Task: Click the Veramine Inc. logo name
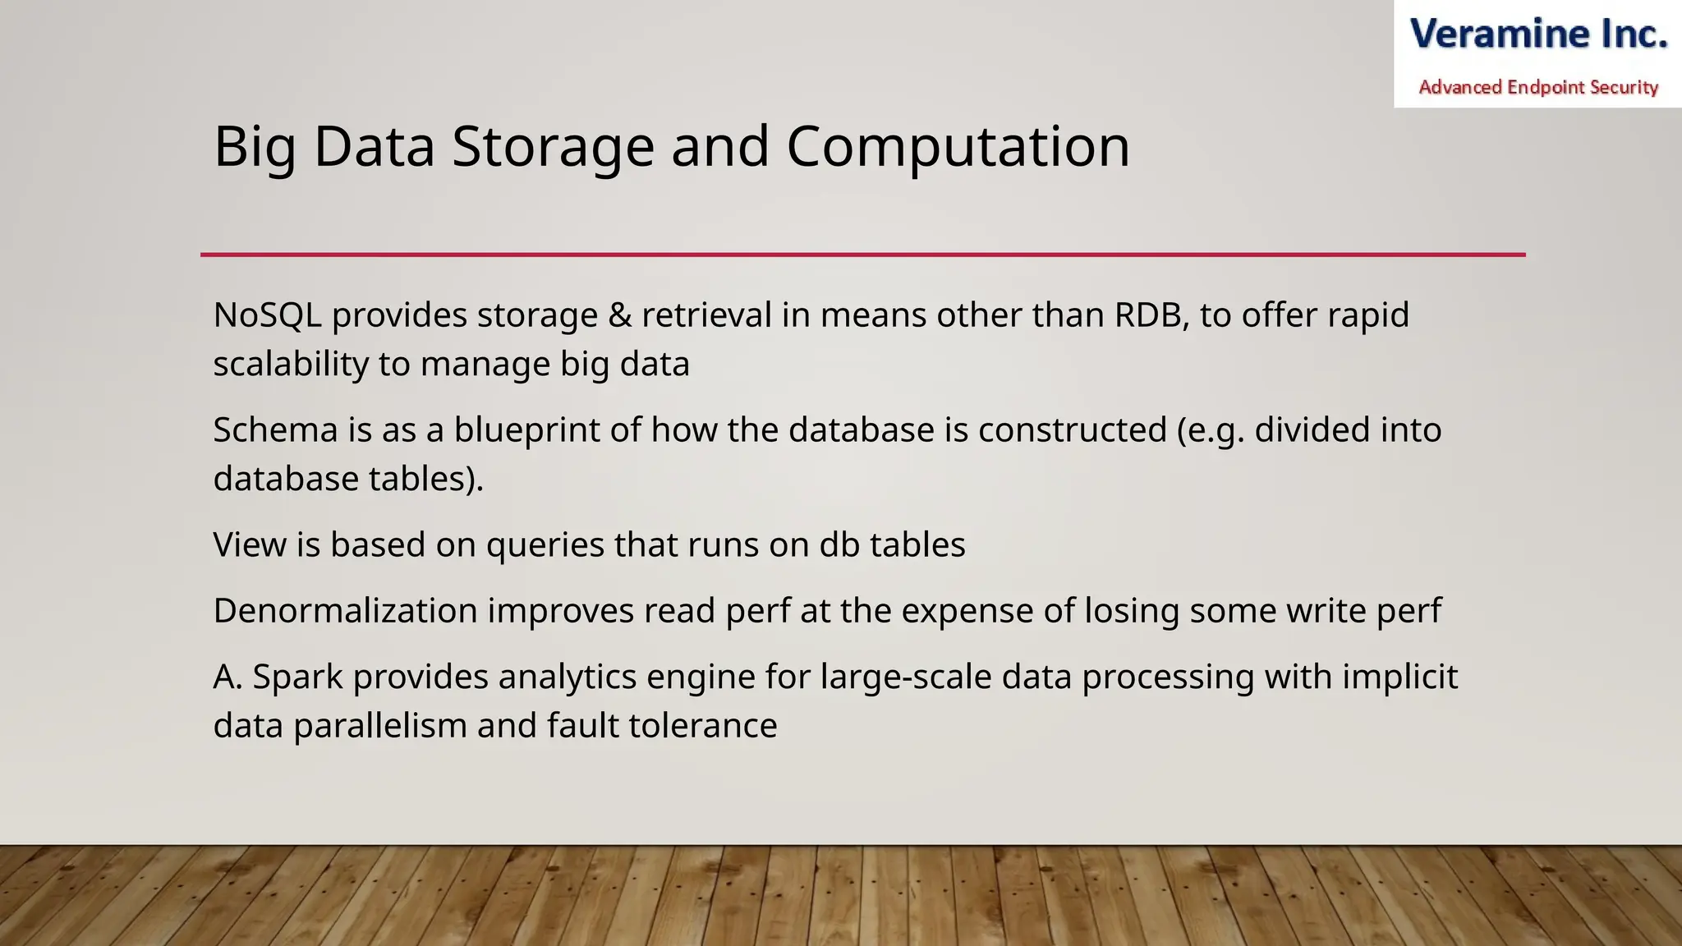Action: (1538, 34)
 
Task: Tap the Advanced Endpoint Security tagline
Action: (1538, 87)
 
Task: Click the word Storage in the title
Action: (553, 148)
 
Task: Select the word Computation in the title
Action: (958, 148)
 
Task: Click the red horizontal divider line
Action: (862, 255)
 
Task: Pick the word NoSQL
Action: (267, 315)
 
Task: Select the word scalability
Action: (290, 364)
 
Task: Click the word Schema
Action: (275, 430)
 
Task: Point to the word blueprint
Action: (526, 430)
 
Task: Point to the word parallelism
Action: (380, 726)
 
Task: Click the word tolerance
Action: (702, 726)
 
